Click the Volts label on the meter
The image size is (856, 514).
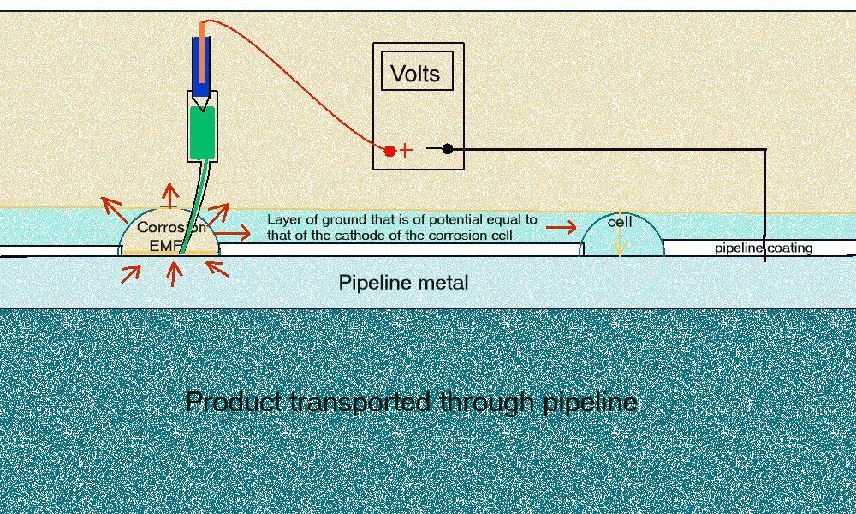point(416,74)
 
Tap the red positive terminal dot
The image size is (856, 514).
point(389,151)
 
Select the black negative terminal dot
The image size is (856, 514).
point(447,149)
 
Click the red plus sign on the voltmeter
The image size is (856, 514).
point(406,151)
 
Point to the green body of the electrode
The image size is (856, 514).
point(202,133)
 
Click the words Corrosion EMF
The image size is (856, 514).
point(170,236)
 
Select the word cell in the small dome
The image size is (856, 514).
point(620,223)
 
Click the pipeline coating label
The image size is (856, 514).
point(764,248)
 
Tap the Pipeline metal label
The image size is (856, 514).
point(403,283)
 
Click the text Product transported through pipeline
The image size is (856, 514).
point(411,401)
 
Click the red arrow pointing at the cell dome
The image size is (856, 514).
point(562,227)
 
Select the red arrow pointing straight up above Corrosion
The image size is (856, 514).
point(169,195)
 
